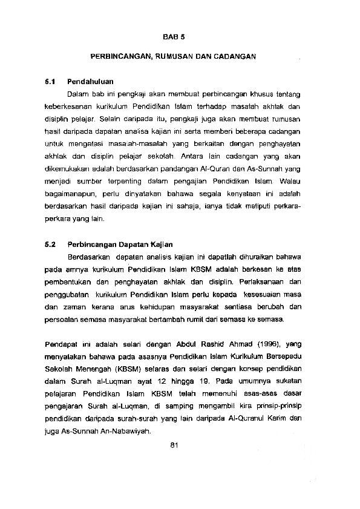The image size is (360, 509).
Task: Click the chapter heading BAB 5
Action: click(x=172, y=36)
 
